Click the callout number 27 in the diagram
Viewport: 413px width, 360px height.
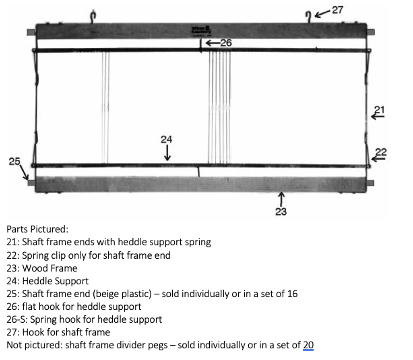coord(338,10)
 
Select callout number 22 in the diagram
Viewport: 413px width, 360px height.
coord(381,153)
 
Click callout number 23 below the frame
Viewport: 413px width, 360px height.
coord(281,211)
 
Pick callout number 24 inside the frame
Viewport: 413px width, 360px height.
coord(167,139)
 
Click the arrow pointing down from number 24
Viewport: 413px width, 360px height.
coord(167,154)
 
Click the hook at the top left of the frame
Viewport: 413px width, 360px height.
coord(91,13)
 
